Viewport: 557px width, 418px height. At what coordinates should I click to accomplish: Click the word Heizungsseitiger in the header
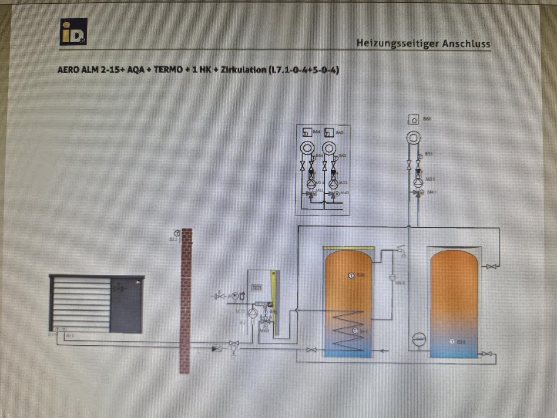coord(397,43)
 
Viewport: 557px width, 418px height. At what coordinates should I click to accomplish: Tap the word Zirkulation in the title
coord(243,70)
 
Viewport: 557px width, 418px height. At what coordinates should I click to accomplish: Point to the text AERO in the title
coord(68,70)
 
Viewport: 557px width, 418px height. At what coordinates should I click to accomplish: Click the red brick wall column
coord(186,300)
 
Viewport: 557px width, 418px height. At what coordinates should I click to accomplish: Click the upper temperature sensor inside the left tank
coord(351,275)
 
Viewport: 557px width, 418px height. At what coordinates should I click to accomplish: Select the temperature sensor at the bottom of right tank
coord(453,342)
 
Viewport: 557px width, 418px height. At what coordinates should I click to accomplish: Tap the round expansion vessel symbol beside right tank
coord(419,339)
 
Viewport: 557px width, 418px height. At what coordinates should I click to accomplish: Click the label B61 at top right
coord(427,118)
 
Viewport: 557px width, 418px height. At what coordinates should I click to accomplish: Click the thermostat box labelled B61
coord(413,120)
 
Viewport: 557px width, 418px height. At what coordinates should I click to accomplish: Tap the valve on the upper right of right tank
coord(491,266)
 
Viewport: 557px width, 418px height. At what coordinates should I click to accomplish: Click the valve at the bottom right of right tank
coord(487,354)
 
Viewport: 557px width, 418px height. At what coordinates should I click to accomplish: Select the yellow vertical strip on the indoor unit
coord(273,300)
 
